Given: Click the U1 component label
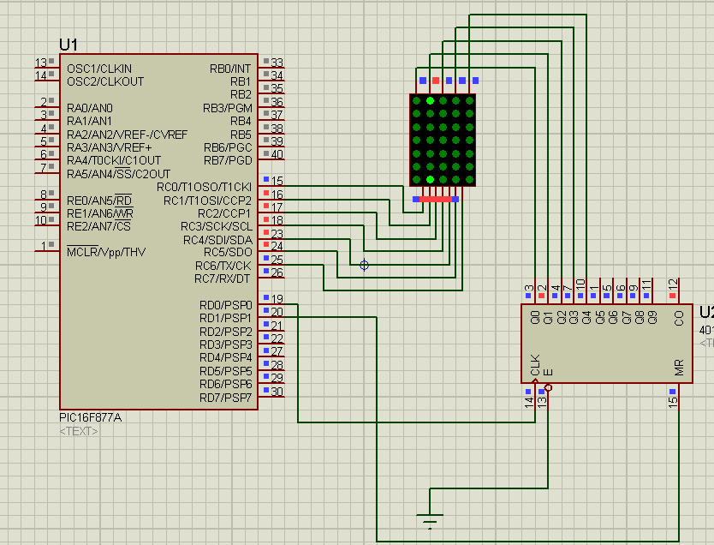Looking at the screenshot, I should pyautogui.click(x=68, y=45).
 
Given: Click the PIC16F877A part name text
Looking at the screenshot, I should pyautogui.click(x=91, y=417).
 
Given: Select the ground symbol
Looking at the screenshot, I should pyautogui.click(x=430, y=518).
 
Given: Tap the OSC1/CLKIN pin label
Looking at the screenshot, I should pyautogui.click(x=99, y=69).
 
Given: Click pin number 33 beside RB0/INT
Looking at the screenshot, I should pyautogui.click(x=277, y=63).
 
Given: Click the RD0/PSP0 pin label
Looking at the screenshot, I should pyautogui.click(x=225, y=305).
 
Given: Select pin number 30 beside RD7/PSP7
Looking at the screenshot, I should pyautogui.click(x=277, y=392).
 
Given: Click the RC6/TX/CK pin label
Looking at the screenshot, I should pyautogui.click(x=223, y=266).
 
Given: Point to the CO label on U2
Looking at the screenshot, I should pyautogui.click(x=678, y=319).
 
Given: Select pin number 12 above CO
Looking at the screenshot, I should pyautogui.click(x=673, y=284).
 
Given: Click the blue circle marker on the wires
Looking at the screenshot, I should pyautogui.click(x=365, y=266).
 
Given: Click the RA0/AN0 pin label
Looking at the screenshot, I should pyautogui.click(x=90, y=108).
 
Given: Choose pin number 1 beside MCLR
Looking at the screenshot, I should pyautogui.click(x=43, y=247).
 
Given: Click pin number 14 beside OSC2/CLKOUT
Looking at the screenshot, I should pyautogui.click(x=40, y=76).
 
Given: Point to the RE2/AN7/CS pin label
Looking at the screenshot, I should pyautogui.click(x=98, y=226).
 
